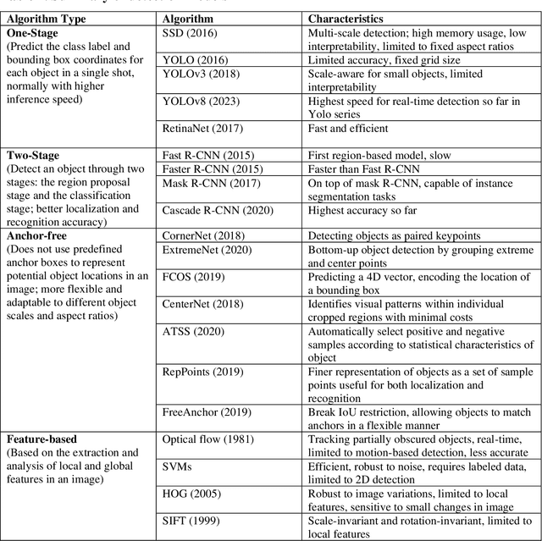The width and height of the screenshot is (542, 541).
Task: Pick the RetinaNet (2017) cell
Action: click(201, 128)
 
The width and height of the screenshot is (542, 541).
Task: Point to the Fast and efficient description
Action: click(348, 128)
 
